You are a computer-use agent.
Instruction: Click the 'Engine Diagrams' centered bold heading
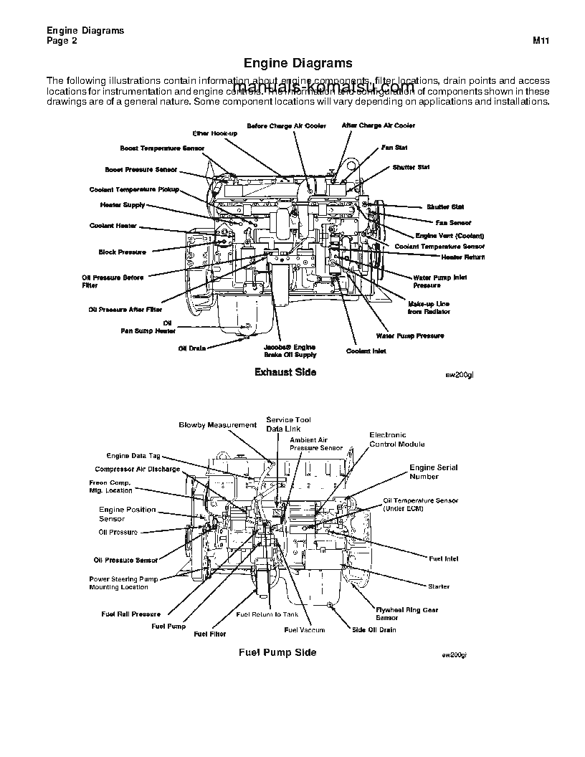298,63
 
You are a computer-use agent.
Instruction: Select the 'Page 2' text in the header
62,41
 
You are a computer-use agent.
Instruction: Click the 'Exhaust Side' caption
285,372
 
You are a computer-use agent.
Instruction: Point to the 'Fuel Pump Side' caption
277,652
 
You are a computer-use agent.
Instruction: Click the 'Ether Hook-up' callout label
214,133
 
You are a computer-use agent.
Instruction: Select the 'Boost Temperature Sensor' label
162,148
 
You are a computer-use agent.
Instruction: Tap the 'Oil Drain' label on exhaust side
192,348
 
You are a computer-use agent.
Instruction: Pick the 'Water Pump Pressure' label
410,335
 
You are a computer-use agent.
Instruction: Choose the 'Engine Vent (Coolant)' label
450,236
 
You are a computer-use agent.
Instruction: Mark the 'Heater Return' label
462,257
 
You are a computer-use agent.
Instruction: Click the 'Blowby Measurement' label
217,425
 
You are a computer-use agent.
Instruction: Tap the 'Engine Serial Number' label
433,472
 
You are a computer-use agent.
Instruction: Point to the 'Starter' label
438,586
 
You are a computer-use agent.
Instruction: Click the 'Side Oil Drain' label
374,630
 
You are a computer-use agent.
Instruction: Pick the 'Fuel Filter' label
209,634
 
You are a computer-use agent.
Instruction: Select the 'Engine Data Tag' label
133,455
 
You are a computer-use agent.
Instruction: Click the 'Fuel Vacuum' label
304,630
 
